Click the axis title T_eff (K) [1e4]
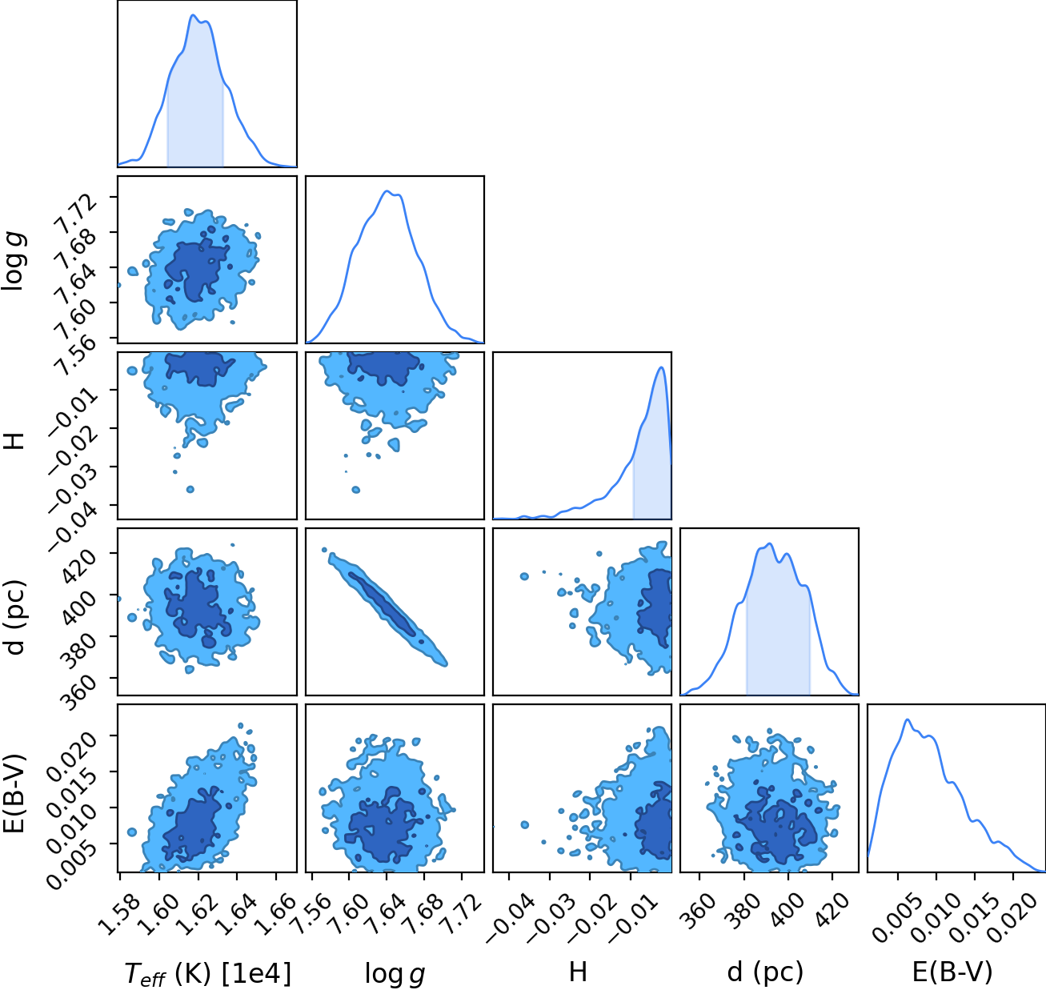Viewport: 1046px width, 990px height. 208,973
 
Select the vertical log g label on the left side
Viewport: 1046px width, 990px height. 14,259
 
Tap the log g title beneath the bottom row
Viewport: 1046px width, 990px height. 395,974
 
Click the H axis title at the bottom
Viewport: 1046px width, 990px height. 579,972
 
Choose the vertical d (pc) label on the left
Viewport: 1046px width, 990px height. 14,616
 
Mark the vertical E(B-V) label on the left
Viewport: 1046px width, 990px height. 14,793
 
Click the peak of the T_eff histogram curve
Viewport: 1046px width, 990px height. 193,15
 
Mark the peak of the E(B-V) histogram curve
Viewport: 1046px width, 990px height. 908,720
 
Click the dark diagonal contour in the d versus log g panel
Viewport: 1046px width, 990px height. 382,603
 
